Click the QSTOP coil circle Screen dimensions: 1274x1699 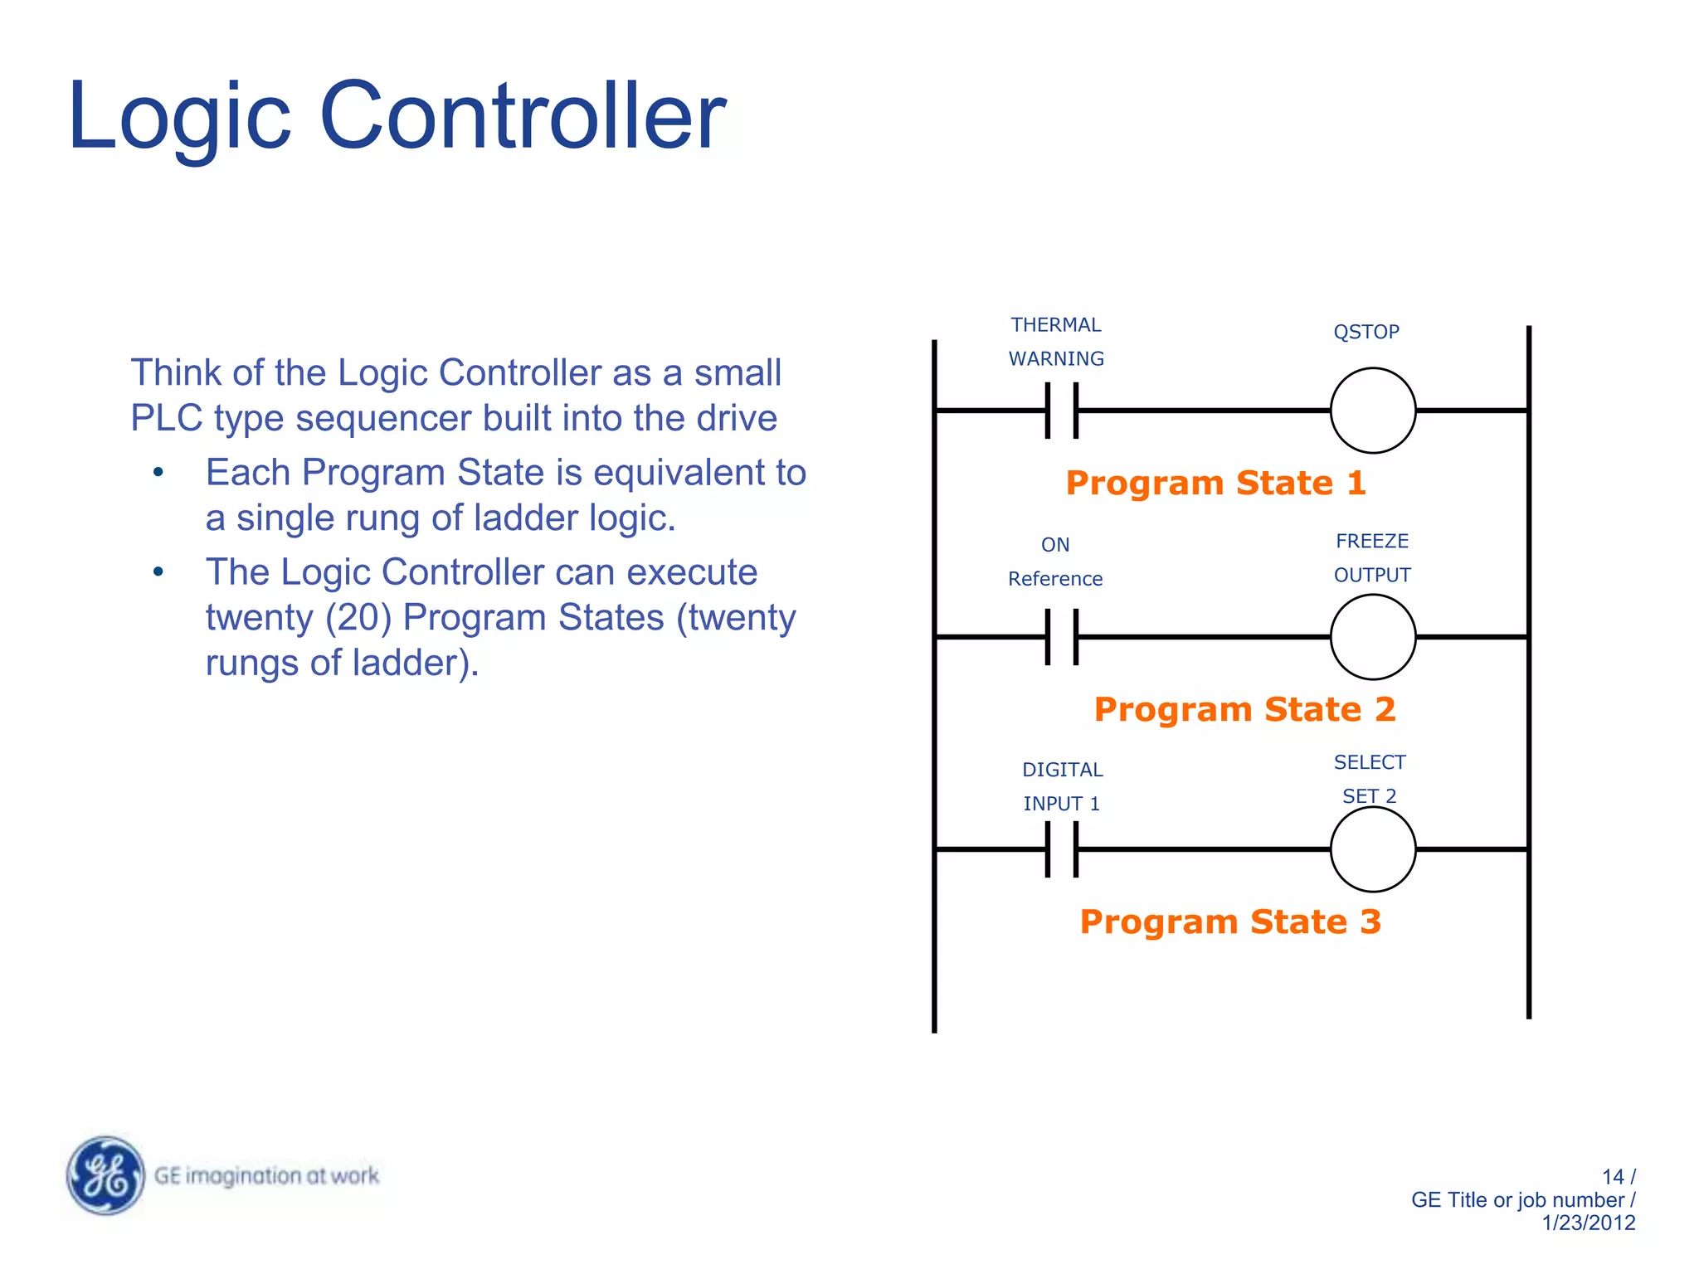1372,411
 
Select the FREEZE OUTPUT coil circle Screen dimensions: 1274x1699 1372,637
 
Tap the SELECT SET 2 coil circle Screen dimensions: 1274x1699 1372,849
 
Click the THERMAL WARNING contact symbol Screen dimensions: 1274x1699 1062,411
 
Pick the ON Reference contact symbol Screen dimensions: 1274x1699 1062,637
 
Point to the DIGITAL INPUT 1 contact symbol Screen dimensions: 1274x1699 1062,849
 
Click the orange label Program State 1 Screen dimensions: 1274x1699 1215,483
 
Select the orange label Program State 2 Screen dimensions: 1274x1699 1244,709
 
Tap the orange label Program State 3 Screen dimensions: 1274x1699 1230,921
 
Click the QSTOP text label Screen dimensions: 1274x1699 1366,332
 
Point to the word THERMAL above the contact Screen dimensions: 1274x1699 1055,325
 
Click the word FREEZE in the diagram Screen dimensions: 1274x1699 1372,541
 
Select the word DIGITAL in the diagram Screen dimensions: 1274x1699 1062,770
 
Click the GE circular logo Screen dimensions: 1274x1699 105,1175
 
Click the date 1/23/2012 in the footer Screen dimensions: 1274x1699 1588,1223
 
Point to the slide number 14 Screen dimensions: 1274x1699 1612,1177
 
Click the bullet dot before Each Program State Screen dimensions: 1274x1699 158,473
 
